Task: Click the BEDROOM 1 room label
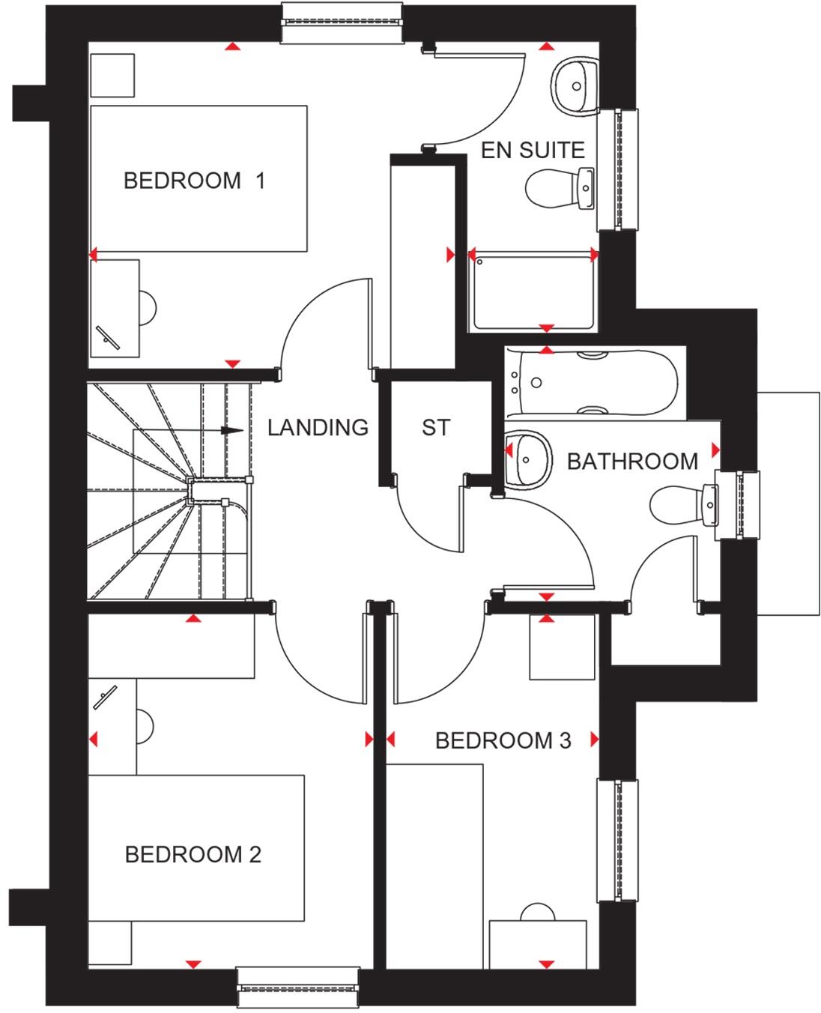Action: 194,181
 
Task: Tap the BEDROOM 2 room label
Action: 193,854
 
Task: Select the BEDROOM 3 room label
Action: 503,741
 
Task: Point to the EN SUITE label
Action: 532,150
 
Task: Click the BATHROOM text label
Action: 632,461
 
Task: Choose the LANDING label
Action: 318,427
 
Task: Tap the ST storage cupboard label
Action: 435,427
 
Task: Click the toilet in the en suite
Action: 558,187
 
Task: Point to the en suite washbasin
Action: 575,87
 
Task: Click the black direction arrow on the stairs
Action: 233,431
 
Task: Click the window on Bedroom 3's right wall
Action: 618,840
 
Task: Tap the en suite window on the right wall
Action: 618,169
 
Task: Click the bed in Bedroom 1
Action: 199,178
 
